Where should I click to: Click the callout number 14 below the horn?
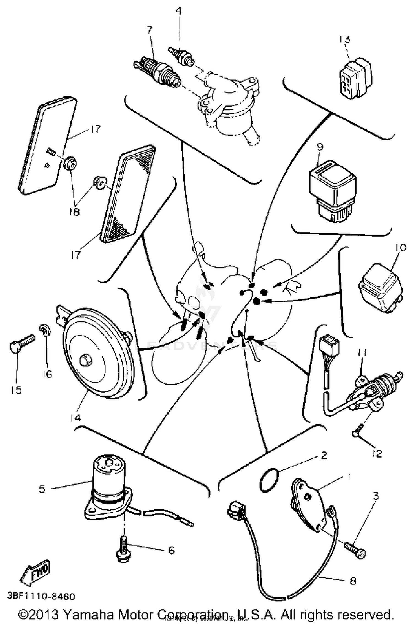(75, 418)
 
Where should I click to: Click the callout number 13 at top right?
(344, 39)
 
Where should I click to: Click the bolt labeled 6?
(123, 548)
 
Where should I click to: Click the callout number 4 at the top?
(179, 11)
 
